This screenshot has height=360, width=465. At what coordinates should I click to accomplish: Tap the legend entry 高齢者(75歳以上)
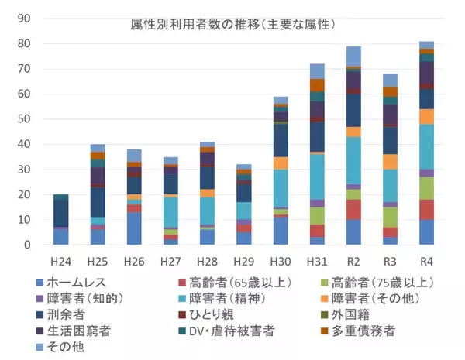[x=382, y=283]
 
